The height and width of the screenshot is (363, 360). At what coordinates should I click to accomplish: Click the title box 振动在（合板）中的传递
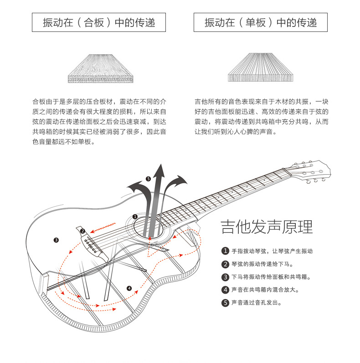[98, 22]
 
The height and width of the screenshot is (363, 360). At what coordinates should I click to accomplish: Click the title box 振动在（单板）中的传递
[260, 22]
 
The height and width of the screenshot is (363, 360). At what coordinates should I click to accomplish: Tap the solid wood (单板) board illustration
[260, 67]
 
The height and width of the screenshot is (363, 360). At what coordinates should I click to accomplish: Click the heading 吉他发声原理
[267, 226]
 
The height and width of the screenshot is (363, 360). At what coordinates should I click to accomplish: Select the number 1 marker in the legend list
[225, 251]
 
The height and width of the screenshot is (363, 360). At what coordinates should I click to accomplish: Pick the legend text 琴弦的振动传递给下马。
[262, 264]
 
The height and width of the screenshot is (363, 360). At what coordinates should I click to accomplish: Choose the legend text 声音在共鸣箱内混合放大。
[265, 290]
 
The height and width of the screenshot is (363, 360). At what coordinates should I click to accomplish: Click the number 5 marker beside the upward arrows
[148, 179]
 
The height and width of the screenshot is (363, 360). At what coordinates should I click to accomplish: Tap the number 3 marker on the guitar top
[56, 240]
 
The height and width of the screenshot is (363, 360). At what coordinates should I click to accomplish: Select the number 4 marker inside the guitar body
[129, 288]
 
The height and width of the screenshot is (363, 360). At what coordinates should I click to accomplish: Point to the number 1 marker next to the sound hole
[135, 217]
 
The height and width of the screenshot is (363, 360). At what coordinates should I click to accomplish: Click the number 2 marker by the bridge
[82, 231]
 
